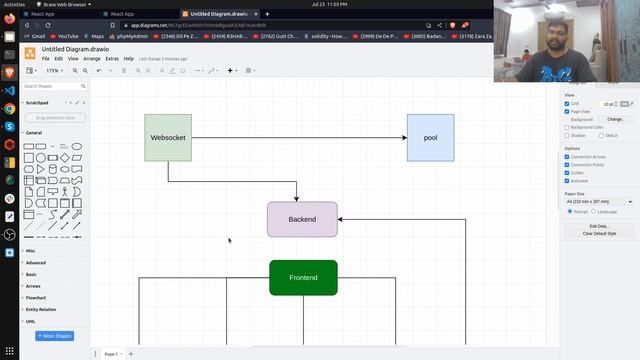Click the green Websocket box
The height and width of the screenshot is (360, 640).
point(168,137)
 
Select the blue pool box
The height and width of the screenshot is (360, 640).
point(430,137)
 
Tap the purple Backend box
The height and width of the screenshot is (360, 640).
point(302,219)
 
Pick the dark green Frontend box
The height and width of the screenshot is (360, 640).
point(303,277)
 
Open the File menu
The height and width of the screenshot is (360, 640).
point(45,59)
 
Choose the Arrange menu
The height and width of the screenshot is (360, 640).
point(92,59)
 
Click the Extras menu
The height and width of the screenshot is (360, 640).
point(111,59)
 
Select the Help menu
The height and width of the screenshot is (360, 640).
point(129,59)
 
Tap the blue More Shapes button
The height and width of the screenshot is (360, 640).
point(55,336)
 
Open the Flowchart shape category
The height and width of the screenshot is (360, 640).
point(36,298)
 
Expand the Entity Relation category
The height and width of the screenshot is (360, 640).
point(42,310)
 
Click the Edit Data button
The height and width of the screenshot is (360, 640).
point(598,226)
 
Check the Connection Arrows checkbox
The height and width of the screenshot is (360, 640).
point(567,157)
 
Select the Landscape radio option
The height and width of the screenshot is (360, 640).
point(594,211)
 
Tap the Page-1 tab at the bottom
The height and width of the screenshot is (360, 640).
point(111,354)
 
